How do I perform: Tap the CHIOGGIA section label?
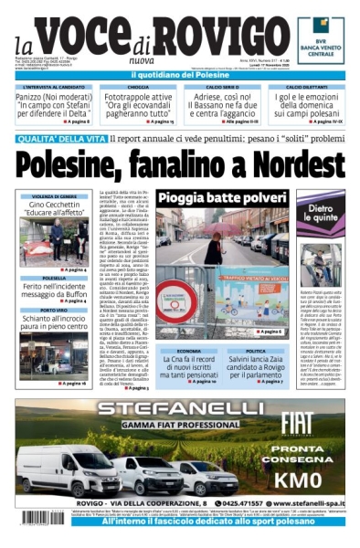click(137, 87)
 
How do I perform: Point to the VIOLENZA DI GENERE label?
click(54, 196)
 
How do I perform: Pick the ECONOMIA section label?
click(189, 351)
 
